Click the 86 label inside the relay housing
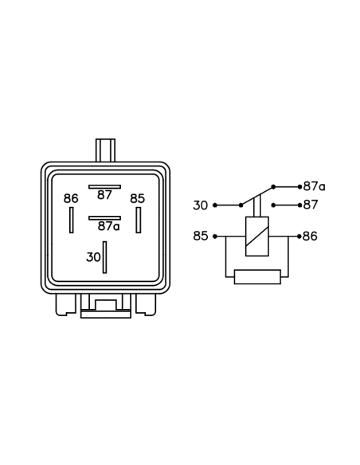[x=71, y=198]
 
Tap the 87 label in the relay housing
[x=104, y=195]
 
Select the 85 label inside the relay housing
[x=138, y=198]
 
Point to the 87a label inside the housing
[x=108, y=226]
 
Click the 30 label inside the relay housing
[x=93, y=257]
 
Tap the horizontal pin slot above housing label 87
[x=104, y=187]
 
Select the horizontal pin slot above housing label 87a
[x=104, y=218]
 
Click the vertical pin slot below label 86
[x=71, y=220]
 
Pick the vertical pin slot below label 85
[x=139, y=220]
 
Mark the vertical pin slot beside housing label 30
[x=104, y=257]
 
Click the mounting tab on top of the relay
[x=105, y=150]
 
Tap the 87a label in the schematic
[x=315, y=186]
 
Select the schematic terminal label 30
[x=201, y=205]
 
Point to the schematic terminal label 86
[x=310, y=236]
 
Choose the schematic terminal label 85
[x=201, y=236]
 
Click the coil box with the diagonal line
[x=257, y=236]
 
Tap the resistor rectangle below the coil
[x=257, y=277]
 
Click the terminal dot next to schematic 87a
[x=299, y=187]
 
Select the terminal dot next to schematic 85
[x=215, y=236]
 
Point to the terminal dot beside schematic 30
[x=215, y=205]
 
